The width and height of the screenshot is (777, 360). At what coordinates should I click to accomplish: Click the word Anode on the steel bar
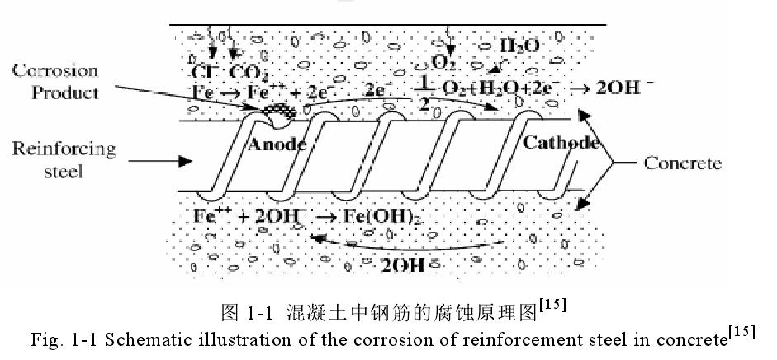[x=277, y=146]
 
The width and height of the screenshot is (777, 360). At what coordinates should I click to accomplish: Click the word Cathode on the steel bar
[x=561, y=144]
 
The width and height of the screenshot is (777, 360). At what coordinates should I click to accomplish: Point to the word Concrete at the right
[x=682, y=163]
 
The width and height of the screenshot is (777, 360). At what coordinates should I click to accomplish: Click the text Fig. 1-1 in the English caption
[x=49, y=339]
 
